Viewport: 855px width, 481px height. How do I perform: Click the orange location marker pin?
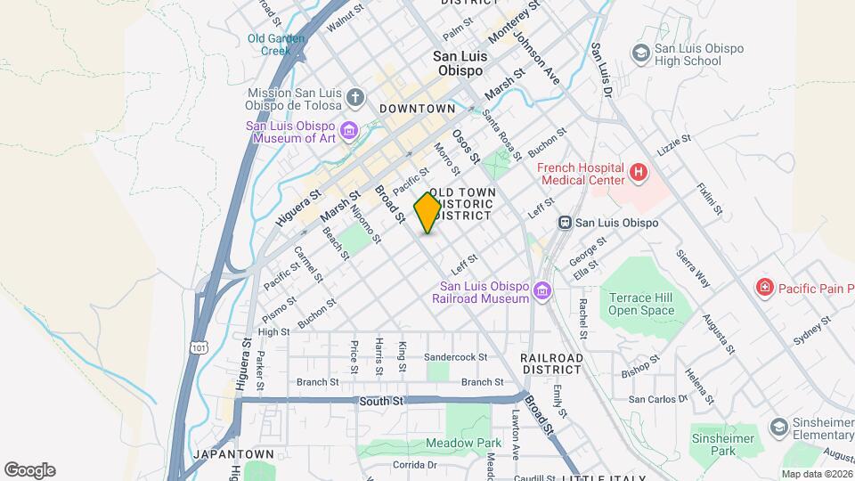click(427, 213)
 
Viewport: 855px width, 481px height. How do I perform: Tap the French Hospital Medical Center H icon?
click(638, 171)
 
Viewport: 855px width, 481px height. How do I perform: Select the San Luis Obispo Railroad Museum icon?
click(541, 291)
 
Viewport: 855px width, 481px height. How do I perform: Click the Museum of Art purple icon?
click(348, 132)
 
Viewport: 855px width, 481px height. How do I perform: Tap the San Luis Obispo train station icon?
click(564, 222)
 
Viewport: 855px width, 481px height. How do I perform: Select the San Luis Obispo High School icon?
click(639, 53)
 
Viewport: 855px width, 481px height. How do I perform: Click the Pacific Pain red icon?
click(764, 287)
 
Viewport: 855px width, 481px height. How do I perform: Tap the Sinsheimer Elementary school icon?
click(778, 428)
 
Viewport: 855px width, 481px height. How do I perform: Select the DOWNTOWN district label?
click(417, 109)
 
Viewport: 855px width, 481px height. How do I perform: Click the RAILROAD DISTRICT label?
click(552, 363)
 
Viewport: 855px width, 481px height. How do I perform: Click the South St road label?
click(381, 402)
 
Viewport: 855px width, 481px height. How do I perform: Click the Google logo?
click(29, 469)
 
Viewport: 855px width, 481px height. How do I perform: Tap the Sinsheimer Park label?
click(722, 445)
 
